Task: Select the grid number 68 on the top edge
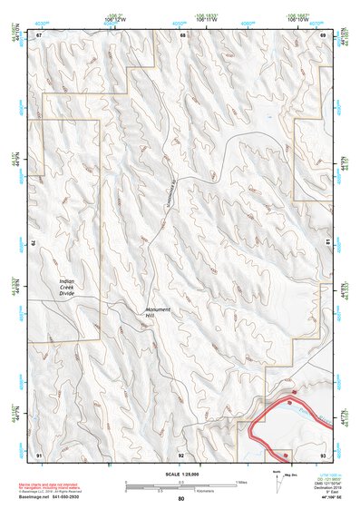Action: coord(182,34)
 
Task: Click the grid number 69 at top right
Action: coord(323,34)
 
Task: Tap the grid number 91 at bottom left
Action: coord(39,453)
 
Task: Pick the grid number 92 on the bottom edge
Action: coord(180,453)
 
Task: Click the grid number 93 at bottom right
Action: coord(323,453)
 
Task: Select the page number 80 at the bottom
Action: coord(181,498)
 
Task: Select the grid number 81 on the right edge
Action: coord(326,242)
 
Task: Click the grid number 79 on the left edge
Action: coord(35,243)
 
